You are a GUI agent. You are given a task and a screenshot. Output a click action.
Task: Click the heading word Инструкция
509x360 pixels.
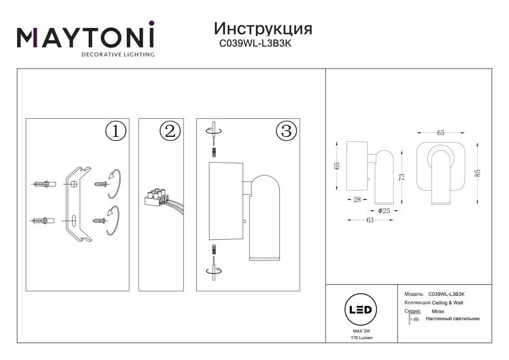(x=263, y=28)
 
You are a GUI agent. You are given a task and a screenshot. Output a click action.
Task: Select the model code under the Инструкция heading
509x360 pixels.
(x=255, y=43)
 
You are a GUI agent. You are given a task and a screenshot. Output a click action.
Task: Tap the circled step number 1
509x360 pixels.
(x=116, y=131)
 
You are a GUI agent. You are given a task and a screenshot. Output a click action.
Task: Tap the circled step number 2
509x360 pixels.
(x=170, y=131)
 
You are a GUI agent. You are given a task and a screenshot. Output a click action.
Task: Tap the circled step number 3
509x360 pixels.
(x=286, y=131)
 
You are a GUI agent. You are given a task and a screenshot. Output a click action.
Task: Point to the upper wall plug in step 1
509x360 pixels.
(x=44, y=184)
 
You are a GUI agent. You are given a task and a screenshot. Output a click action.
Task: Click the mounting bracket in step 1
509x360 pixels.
(x=79, y=204)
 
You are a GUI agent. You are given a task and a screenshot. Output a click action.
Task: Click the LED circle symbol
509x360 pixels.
(x=360, y=310)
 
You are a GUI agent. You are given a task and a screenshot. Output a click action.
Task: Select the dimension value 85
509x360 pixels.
(x=478, y=174)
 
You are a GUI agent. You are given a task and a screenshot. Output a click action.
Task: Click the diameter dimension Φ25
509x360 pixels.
(x=384, y=211)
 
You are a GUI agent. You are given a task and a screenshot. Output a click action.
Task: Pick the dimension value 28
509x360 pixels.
(x=357, y=199)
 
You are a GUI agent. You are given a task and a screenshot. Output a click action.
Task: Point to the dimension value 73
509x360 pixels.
(x=402, y=177)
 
